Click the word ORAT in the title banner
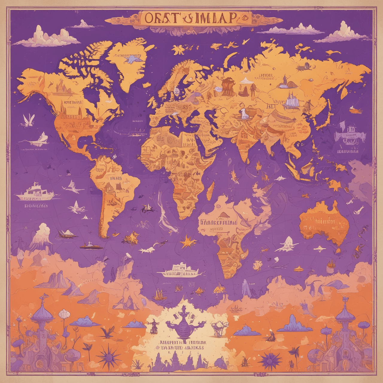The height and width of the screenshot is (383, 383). [x=159, y=18]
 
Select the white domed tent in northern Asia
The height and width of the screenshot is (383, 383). [x=245, y=80]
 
